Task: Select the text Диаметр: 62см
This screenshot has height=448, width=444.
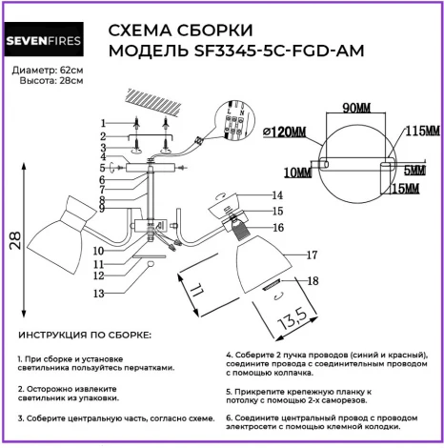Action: coord(48,71)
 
